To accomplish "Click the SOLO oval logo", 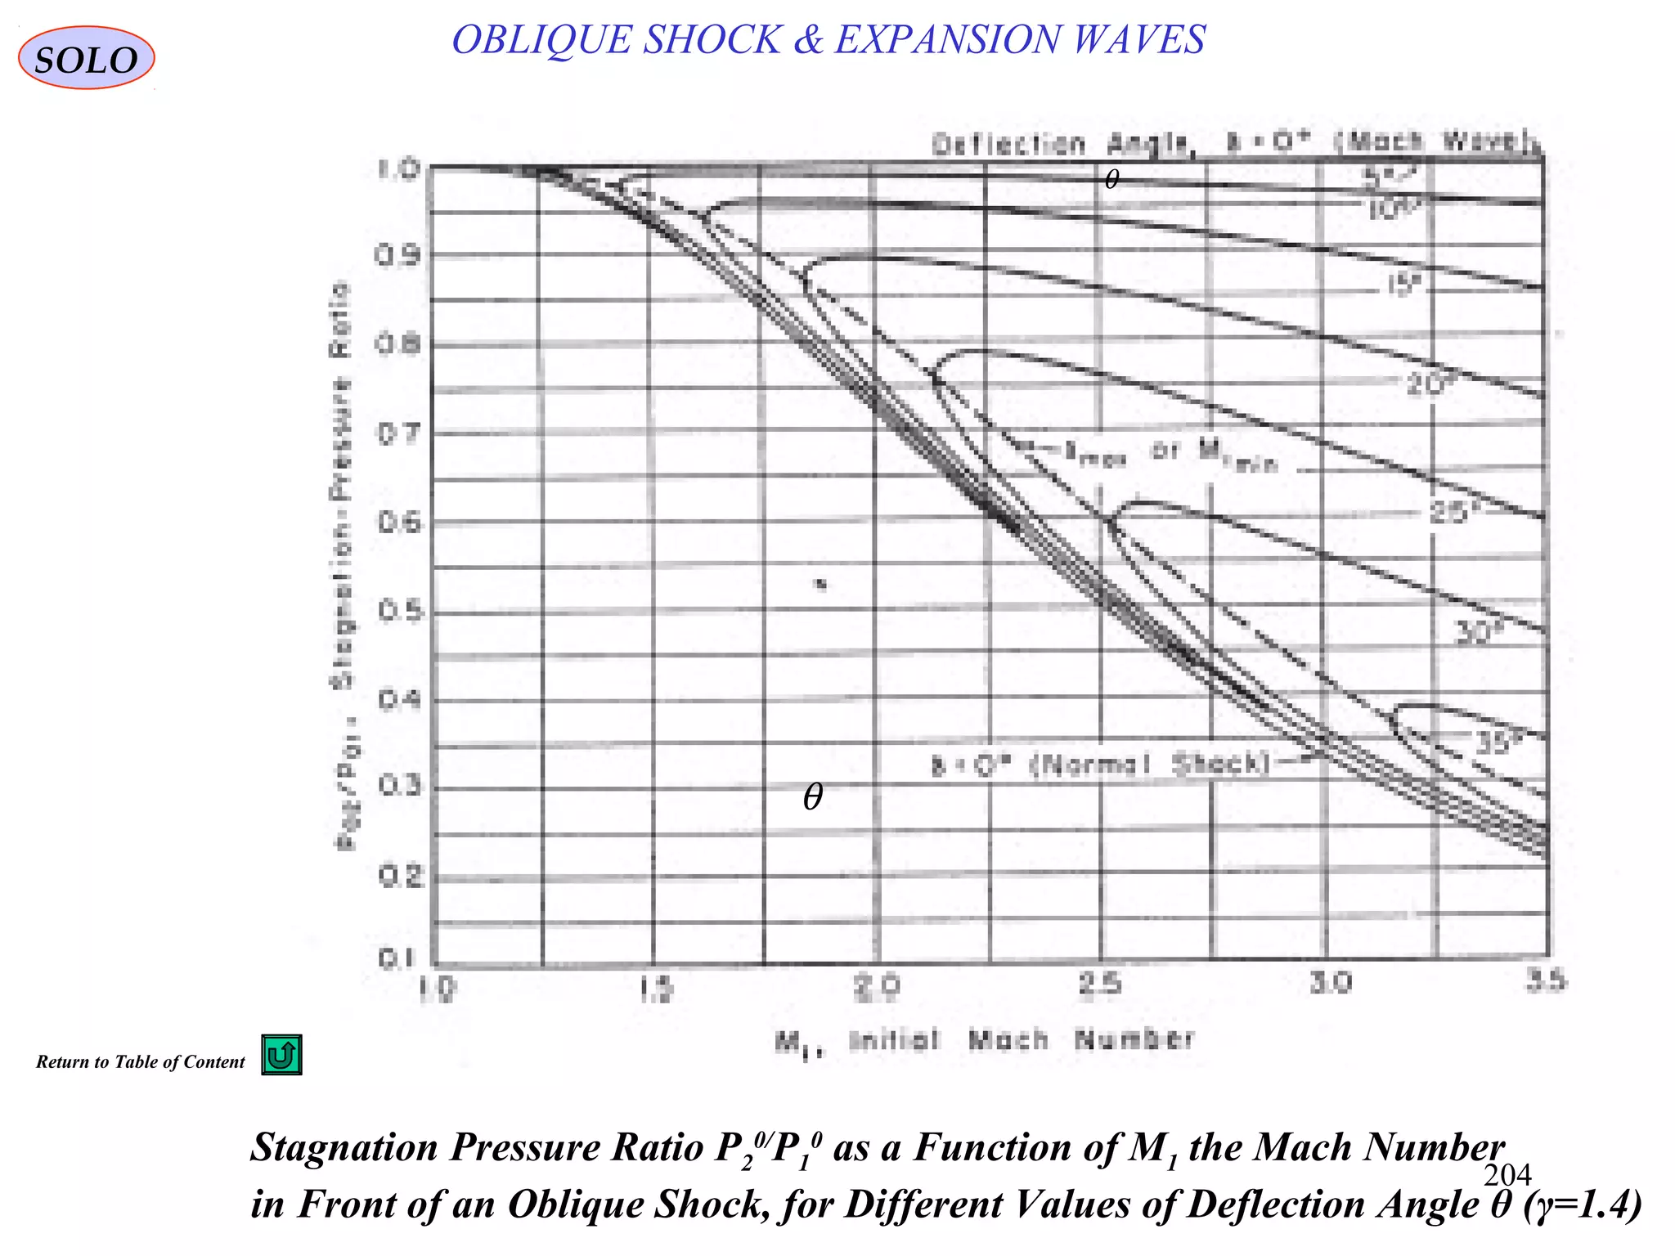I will point(86,58).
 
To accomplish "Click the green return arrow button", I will point(281,1055).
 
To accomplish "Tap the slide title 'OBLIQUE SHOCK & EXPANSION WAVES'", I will point(828,40).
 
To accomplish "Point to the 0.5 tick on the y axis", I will point(398,611).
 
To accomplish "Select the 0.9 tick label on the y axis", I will point(398,256).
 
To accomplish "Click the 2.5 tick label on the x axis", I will point(1099,984).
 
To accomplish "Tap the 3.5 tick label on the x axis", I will point(1545,980).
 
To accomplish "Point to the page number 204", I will point(1507,1174).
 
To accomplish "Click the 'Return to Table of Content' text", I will point(140,1062).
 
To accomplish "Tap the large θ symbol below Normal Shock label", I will point(812,796).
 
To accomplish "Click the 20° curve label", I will point(1426,384).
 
